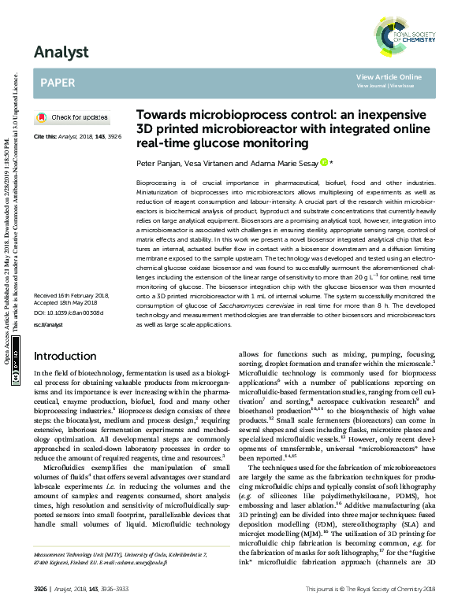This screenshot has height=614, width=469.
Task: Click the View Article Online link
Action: (x=389, y=76)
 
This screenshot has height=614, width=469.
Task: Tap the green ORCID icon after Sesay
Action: (x=324, y=162)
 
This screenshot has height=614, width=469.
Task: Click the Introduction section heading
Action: (x=69, y=378)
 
